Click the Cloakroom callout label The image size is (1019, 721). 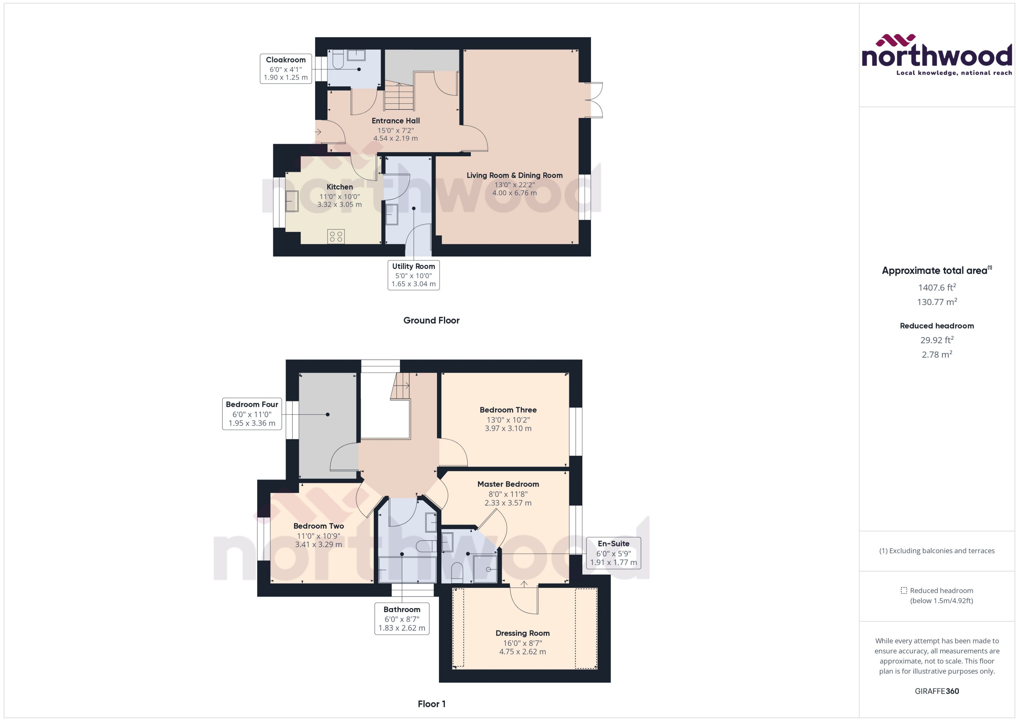coord(286,68)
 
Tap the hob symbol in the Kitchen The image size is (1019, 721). coord(336,236)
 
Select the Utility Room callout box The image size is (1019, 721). coord(413,275)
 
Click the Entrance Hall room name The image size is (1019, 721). coord(395,121)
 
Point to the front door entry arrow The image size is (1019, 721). coord(318,132)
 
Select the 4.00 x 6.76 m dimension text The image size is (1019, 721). coord(514,193)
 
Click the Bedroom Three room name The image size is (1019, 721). coord(508,410)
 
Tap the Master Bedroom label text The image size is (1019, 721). coord(508,484)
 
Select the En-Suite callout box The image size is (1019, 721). coord(613,553)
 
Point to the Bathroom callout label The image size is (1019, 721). coord(401,619)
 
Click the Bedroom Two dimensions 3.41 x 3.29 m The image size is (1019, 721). coord(318,544)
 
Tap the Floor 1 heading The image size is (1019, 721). coord(431,704)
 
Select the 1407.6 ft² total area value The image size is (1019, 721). coord(937,288)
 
